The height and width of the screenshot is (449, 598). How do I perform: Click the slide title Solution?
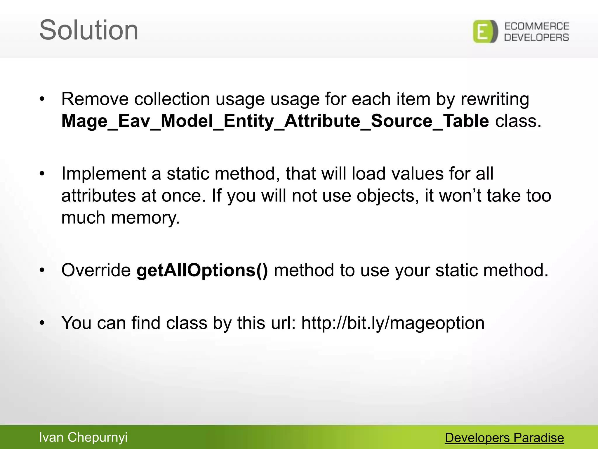click(88, 30)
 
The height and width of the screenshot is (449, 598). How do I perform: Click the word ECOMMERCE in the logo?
click(537, 26)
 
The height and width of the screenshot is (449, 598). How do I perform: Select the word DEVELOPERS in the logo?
click(537, 37)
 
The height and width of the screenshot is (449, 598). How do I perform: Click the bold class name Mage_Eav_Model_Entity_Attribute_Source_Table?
click(275, 121)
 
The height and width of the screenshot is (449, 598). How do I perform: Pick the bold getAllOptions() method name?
click(202, 270)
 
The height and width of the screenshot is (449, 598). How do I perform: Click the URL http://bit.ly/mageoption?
click(393, 323)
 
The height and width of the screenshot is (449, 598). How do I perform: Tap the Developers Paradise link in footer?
click(504, 438)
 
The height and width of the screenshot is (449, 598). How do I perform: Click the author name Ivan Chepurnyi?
click(83, 437)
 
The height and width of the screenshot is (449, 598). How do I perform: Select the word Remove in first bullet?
click(95, 99)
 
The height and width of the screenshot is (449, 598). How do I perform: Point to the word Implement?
click(104, 174)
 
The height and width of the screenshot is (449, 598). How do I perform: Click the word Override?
click(96, 270)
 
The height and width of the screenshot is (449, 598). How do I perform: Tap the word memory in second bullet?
click(145, 218)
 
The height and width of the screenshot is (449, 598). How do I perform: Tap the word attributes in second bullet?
click(98, 196)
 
